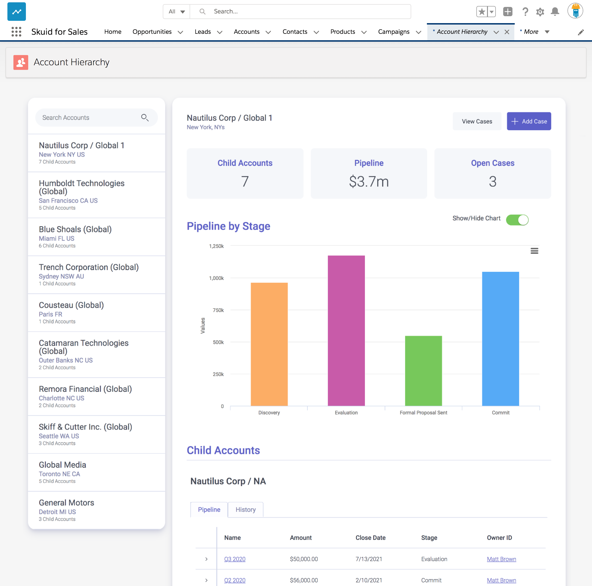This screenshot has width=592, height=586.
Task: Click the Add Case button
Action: coord(529,121)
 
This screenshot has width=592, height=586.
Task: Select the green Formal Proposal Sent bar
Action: coord(423,371)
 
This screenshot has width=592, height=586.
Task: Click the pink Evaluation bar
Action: coord(346,331)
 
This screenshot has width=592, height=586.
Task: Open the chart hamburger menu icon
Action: coord(534,251)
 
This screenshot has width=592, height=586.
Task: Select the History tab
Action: coord(245,509)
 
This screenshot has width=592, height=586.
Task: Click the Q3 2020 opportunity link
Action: coord(235,559)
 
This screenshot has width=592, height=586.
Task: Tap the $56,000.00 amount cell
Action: coord(304,580)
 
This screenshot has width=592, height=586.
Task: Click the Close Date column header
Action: coord(370,538)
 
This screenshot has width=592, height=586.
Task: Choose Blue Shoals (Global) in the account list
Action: coord(75,229)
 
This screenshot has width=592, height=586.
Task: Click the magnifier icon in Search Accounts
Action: coord(145,117)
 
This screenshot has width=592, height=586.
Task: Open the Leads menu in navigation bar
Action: coord(208,32)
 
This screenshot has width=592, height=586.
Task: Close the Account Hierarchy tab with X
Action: coord(507,32)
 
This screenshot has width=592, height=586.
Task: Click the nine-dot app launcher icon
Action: coord(16,31)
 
